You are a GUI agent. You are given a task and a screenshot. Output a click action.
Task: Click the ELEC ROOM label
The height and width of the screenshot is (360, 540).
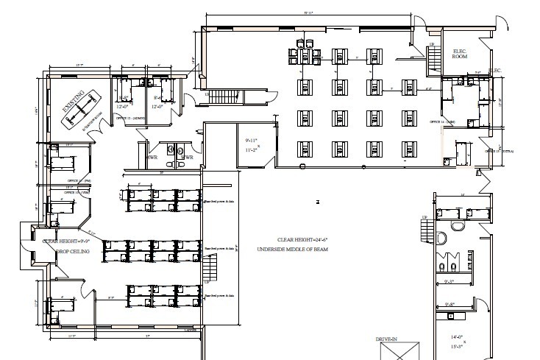click(x=461, y=52)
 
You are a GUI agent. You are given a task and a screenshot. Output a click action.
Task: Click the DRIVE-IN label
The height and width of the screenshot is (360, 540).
click(x=388, y=339)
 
